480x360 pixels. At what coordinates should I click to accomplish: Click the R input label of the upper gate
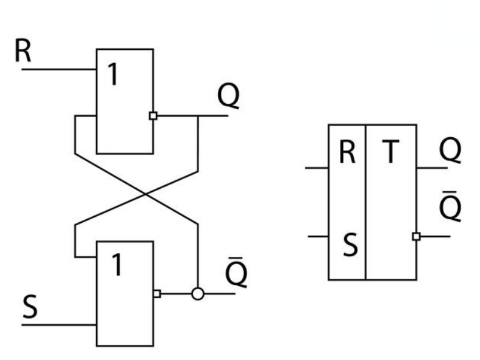(23, 53)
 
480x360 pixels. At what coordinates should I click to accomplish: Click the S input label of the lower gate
(30, 307)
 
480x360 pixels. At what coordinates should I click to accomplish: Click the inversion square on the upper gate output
(153, 115)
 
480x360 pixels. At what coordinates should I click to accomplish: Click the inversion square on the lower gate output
(157, 294)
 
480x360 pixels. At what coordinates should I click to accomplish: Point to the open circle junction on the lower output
(197, 294)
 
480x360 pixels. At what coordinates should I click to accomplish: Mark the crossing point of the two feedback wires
(144, 194)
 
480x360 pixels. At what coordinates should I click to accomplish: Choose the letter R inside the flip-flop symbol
(347, 153)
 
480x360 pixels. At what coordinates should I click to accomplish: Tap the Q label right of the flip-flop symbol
(450, 151)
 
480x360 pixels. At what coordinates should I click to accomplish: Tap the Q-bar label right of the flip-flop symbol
(450, 206)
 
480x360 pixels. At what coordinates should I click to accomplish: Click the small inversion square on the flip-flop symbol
(416, 236)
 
